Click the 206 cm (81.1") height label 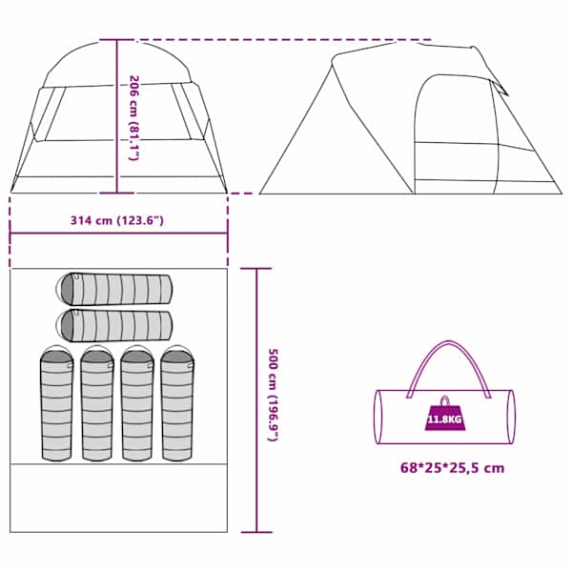point(135,118)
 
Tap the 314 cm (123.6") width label point(116,221)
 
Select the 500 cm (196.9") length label point(274,395)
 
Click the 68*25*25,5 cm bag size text point(452,468)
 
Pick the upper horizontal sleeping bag point(113,289)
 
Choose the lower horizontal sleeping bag point(113,326)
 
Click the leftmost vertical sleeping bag point(56,402)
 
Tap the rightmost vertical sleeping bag point(177,402)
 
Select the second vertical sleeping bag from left point(97,402)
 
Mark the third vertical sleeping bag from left point(137,402)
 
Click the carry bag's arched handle point(449,343)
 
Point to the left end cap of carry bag point(378,417)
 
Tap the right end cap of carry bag point(511,417)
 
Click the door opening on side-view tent point(457,134)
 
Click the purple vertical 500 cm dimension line point(256,400)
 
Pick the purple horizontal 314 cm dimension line point(119,233)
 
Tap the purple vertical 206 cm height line point(117,116)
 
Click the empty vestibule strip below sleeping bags point(119,498)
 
